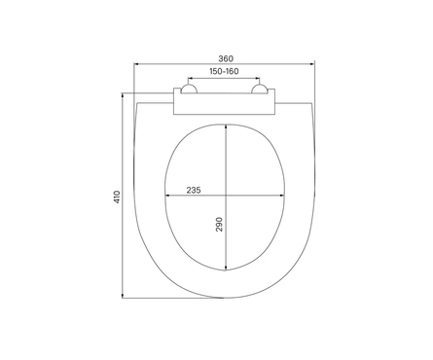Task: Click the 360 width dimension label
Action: (x=226, y=58)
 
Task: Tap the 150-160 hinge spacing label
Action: (x=224, y=71)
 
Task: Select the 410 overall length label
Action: (x=117, y=197)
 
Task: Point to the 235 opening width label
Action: (x=194, y=190)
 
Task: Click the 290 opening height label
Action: (x=220, y=224)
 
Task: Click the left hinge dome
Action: (x=189, y=89)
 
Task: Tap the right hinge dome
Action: (x=260, y=89)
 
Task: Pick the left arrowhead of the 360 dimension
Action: (x=136, y=64)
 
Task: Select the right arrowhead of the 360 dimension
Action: (x=312, y=64)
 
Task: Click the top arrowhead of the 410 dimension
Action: (x=123, y=95)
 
